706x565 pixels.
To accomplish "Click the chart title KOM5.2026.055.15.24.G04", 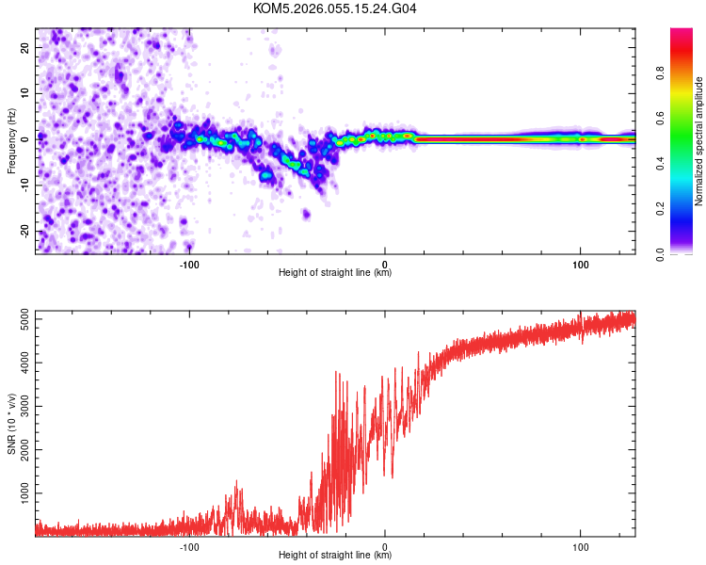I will click(335, 8).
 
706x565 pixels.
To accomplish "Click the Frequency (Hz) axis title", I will click(11, 139).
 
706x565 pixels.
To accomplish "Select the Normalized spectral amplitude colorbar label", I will click(698, 140).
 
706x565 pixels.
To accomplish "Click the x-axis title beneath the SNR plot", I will click(335, 556).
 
